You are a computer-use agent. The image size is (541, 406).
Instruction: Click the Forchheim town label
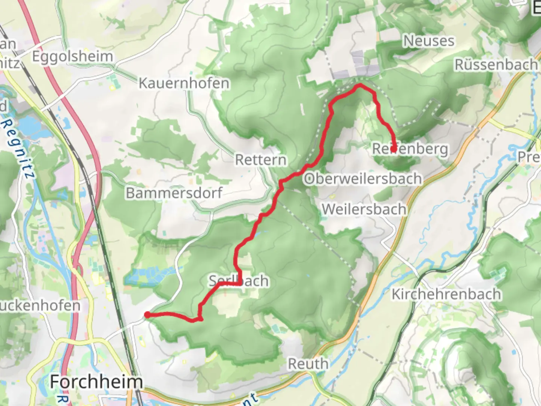(x=96, y=382)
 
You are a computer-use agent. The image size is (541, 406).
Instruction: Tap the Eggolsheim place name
(x=72, y=56)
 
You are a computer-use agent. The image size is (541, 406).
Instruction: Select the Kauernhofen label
(x=184, y=83)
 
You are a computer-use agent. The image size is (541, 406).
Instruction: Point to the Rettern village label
(x=260, y=160)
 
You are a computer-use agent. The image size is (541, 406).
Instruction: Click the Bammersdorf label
(x=174, y=193)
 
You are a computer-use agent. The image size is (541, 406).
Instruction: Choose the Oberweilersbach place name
(x=363, y=179)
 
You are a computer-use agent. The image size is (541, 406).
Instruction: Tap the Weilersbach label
(x=364, y=209)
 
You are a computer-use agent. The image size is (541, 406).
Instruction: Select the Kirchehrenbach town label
(x=446, y=294)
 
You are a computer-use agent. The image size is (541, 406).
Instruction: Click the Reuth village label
(x=308, y=364)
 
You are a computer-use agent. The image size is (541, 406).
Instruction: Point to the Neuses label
(x=428, y=41)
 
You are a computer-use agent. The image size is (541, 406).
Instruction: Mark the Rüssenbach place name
(x=496, y=65)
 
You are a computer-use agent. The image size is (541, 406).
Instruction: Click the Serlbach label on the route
(x=239, y=281)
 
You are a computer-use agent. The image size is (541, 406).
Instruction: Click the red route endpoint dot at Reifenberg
(x=393, y=149)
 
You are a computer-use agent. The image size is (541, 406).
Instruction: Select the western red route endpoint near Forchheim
(x=148, y=315)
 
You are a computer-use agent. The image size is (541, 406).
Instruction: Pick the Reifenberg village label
(x=410, y=149)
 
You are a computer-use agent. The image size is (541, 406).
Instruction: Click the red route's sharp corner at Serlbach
(x=239, y=283)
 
